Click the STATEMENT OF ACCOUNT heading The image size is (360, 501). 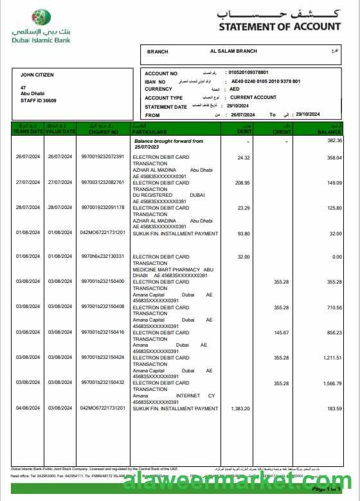(280, 26)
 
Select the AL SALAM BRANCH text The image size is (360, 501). (233, 51)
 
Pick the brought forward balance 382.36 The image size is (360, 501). (334, 140)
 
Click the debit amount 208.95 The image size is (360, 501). (243, 183)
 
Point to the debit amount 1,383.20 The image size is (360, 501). (239, 408)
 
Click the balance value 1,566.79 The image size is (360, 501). (332, 383)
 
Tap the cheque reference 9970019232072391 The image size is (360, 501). (103, 157)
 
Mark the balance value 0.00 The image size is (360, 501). (336, 257)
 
